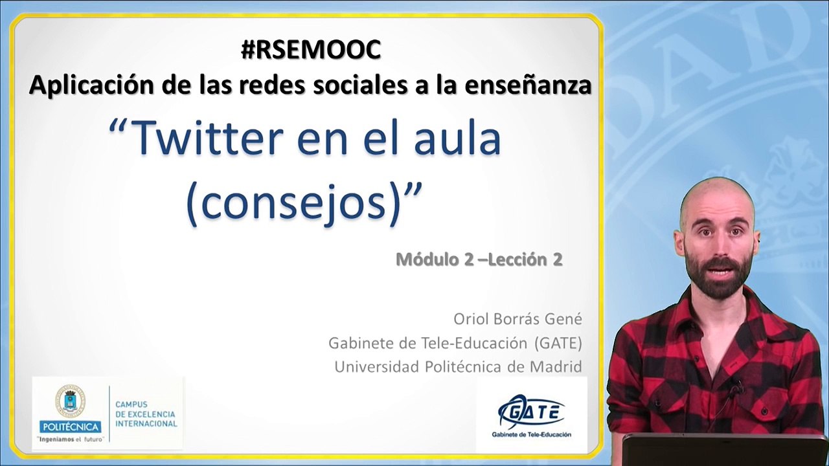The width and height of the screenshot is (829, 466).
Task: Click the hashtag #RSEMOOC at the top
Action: pyautogui.click(x=311, y=50)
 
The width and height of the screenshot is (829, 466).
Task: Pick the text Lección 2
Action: pyautogui.click(x=525, y=260)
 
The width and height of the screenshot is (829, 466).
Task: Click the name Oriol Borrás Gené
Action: pyautogui.click(x=517, y=319)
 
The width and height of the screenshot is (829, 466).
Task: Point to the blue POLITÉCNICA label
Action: pyautogui.click(x=70, y=427)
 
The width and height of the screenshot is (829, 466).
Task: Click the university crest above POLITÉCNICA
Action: pyautogui.click(x=69, y=400)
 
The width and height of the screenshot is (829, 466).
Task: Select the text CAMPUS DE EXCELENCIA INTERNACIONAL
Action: pyautogui.click(x=146, y=414)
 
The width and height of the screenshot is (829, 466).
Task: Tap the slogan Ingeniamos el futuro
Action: pyautogui.click(x=70, y=439)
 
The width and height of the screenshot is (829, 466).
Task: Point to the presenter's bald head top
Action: pyautogui.click(x=716, y=191)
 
